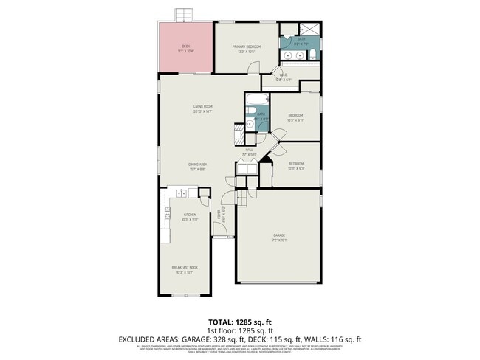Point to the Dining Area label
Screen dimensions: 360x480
[196, 166]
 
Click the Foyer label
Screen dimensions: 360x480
[219, 216]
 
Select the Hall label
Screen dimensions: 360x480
[250, 152]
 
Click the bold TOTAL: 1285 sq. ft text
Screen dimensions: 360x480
[239, 322]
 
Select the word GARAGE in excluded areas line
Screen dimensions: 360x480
[207, 339]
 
